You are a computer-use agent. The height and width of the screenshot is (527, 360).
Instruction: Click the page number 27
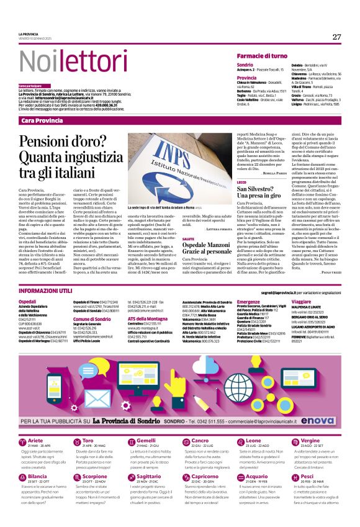pos(336,37)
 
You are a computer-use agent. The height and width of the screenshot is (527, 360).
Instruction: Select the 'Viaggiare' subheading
pos(302,301)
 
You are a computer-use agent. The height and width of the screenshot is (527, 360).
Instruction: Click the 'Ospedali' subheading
pos(28,301)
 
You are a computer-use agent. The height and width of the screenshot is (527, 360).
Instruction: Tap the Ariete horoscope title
pos(37,441)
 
